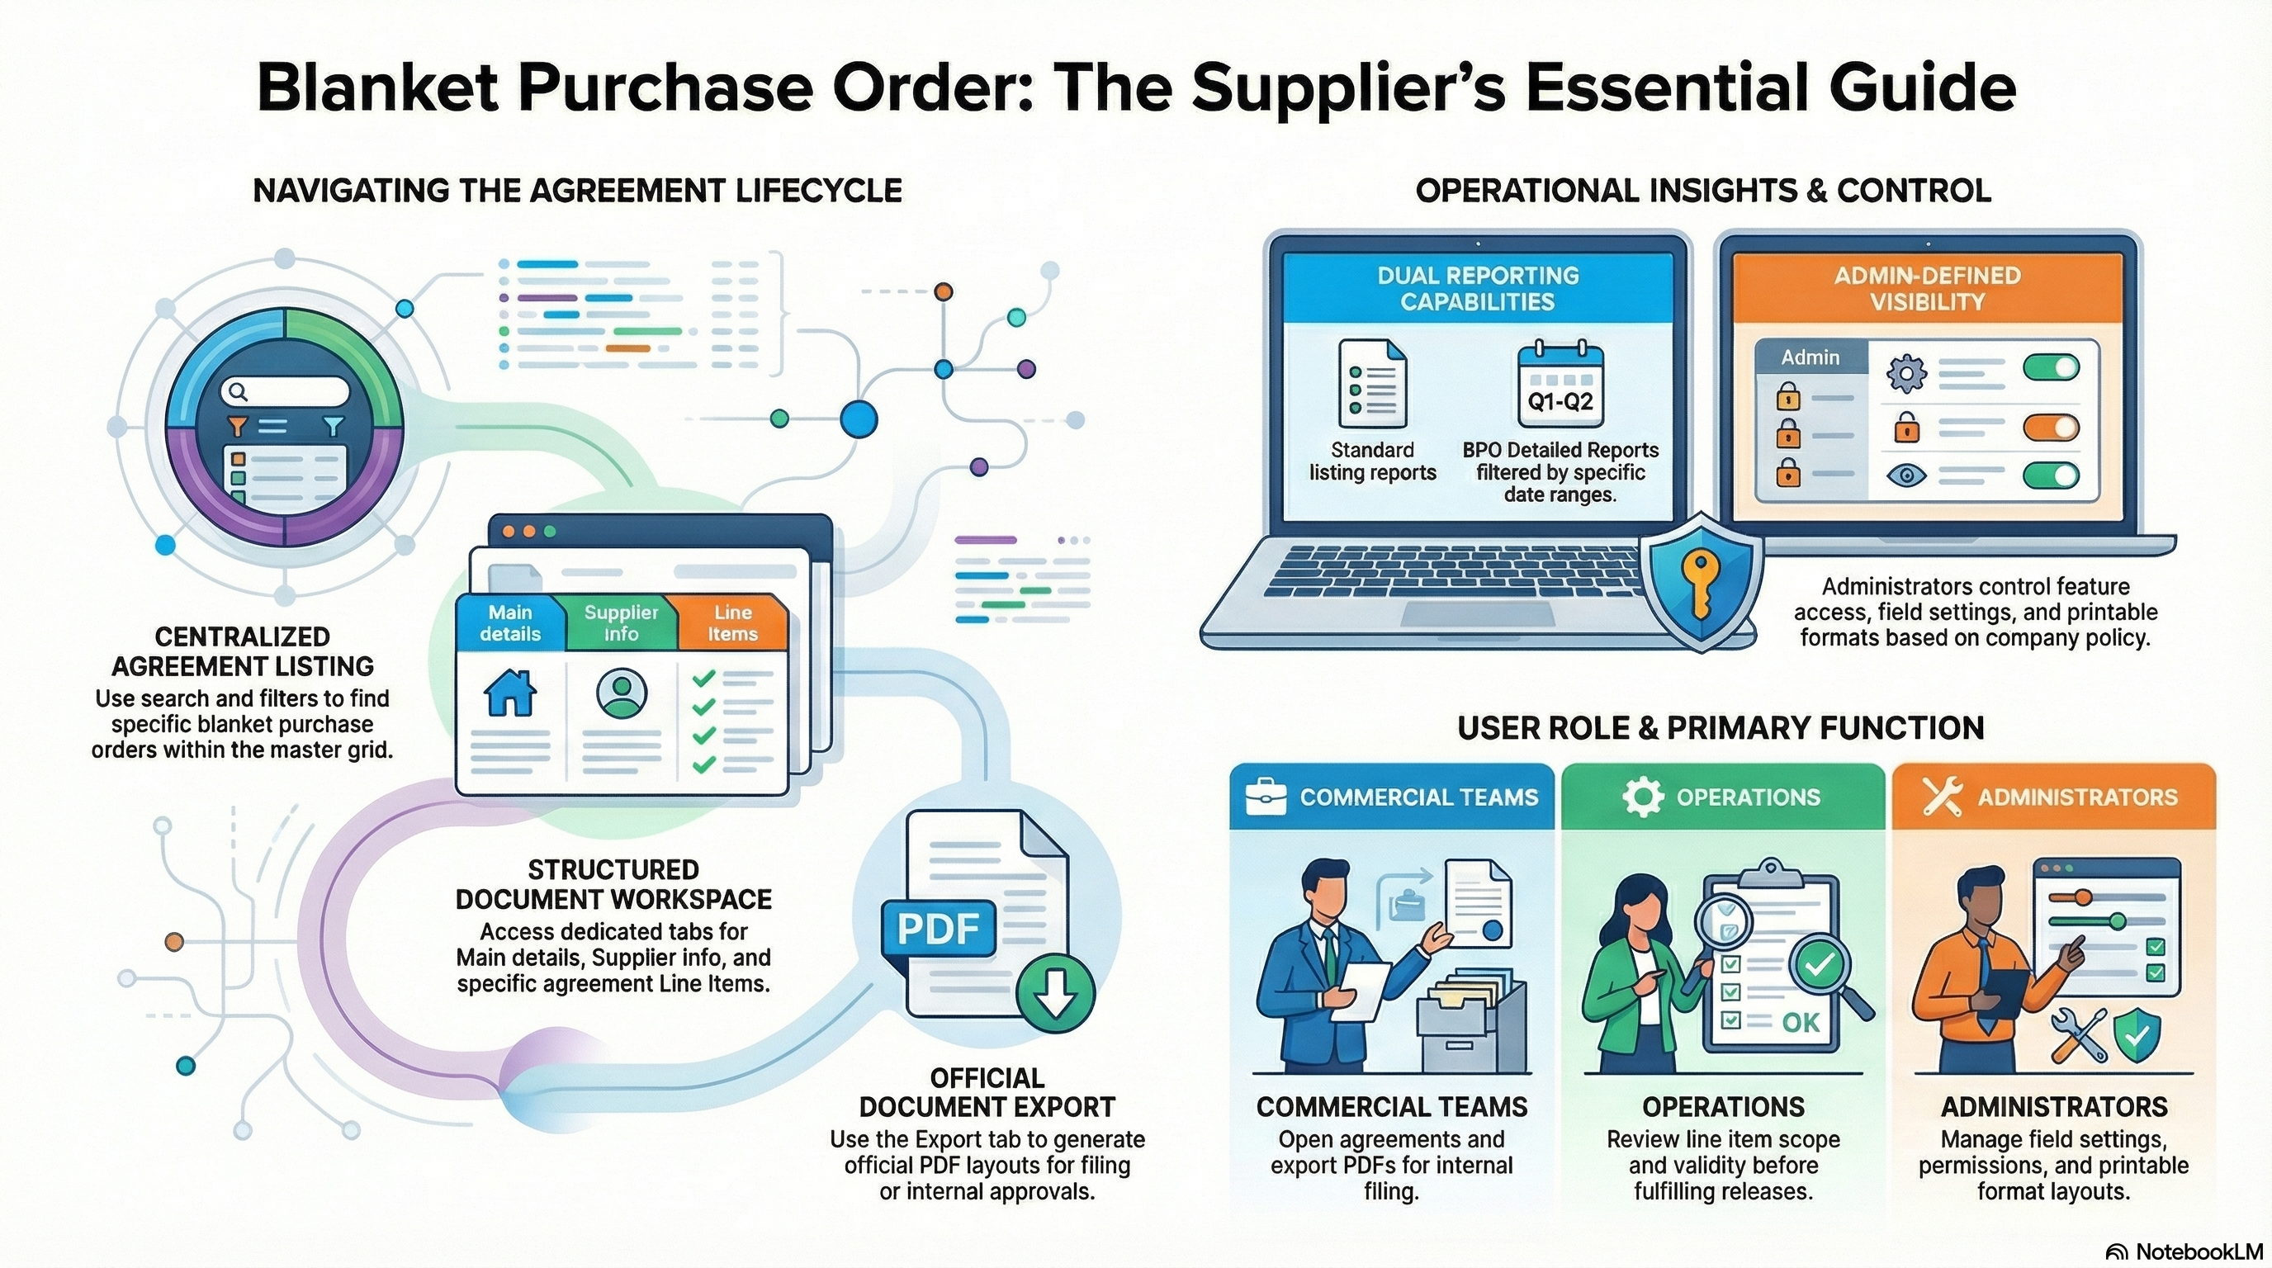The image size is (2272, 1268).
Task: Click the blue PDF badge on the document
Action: [939, 928]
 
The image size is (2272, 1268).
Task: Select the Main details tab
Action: [509, 622]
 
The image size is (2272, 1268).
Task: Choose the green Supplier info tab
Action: [621, 622]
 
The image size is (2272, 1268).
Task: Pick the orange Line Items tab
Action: [732, 622]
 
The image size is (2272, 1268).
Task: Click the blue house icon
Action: [509, 693]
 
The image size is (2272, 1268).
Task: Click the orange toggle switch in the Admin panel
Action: [2051, 428]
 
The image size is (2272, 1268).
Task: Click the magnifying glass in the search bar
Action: [236, 390]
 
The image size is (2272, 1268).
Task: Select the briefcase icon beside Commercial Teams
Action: [1266, 797]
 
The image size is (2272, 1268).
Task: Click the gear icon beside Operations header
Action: [1642, 797]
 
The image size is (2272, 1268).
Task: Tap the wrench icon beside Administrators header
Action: [1942, 797]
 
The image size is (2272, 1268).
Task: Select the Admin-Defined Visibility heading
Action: [1927, 288]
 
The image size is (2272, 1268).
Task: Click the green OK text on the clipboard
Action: [1800, 1022]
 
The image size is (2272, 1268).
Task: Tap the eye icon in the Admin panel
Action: [1906, 476]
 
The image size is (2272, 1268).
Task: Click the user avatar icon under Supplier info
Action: [622, 693]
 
